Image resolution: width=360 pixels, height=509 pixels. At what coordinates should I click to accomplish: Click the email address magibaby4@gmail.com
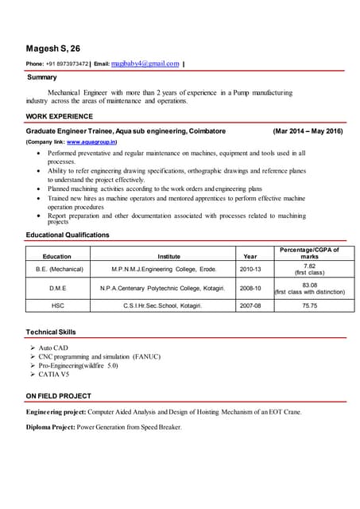(145, 63)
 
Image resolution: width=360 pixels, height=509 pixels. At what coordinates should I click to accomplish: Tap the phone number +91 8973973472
(68, 64)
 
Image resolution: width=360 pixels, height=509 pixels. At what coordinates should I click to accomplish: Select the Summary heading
(41, 77)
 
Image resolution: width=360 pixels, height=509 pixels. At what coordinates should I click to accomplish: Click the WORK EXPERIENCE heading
(59, 116)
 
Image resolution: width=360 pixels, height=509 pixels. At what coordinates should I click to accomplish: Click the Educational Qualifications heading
(68, 235)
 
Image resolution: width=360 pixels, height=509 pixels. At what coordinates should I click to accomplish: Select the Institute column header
(168, 257)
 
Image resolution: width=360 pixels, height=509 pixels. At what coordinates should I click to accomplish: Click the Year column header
(250, 257)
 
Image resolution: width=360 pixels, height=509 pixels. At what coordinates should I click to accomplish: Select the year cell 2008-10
(250, 288)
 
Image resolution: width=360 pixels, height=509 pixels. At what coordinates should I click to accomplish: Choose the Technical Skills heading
(52, 330)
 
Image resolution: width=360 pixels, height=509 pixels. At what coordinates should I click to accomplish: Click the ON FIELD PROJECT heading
(59, 395)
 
